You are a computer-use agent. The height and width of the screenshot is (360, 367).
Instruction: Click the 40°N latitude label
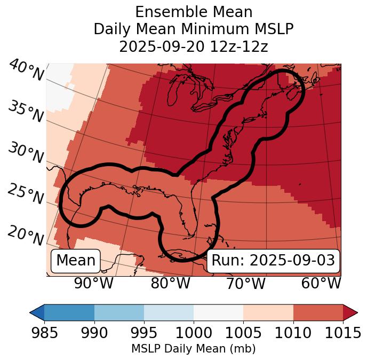click(x=26, y=71)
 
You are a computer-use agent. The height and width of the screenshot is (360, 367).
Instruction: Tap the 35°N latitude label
click(x=26, y=111)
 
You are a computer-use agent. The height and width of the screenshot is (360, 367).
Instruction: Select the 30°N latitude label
click(x=26, y=153)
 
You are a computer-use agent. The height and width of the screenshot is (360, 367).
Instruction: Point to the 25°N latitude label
click(x=26, y=194)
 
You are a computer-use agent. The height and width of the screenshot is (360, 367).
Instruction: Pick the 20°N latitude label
click(x=26, y=235)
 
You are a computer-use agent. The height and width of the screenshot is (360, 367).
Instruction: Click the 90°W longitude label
click(x=94, y=284)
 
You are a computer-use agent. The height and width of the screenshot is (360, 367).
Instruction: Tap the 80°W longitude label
click(x=171, y=284)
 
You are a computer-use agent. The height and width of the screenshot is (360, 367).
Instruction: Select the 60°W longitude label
click(x=321, y=284)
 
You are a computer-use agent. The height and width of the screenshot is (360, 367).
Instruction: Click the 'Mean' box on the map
click(x=76, y=261)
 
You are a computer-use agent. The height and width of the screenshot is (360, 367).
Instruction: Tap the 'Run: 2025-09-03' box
click(x=273, y=261)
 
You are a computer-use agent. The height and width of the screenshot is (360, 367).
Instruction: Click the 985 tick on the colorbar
click(x=44, y=333)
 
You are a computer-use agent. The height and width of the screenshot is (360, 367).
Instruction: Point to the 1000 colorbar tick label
click(x=194, y=333)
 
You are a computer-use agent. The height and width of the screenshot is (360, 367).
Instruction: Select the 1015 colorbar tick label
click(x=343, y=333)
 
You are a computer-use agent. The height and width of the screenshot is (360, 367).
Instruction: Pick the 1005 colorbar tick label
click(x=243, y=333)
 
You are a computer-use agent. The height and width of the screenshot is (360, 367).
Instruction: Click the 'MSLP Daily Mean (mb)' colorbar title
click(x=194, y=349)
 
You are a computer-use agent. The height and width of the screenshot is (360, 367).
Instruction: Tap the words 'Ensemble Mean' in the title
click(x=194, y=12)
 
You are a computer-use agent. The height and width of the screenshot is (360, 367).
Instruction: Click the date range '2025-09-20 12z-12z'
click(x=194, y=46)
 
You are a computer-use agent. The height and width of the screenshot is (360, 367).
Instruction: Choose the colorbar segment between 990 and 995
click(x=119, y=312)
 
